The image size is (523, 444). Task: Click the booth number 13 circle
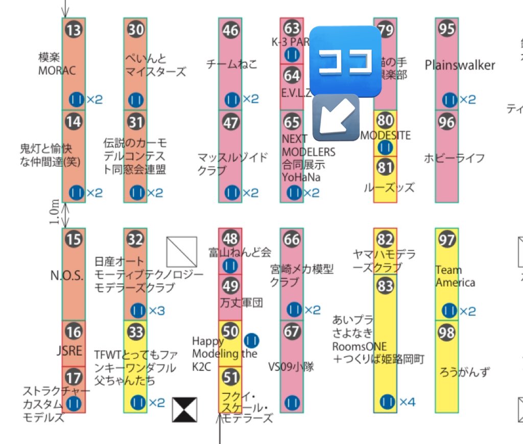pyautogui.click(x=74, y=30)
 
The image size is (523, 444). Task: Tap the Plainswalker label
pyautogui.click(x=460, y=65)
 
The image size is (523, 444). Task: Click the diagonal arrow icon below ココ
pyautogui.click(x=336, y=118)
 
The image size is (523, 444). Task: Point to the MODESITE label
pyautogui.click(x=386, y=135)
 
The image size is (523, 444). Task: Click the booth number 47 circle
pyautogui.click(x=231, y=123)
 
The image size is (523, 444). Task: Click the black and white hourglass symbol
pyautogui.click(x=184, y=410)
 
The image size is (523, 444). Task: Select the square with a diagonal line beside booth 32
pyautogui.click(x=182, y=251)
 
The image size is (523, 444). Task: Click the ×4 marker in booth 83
pyautogui.click(x=407, y=403)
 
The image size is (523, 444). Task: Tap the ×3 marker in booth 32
pyautogui.click(x=156, y=310)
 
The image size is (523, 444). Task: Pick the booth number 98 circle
pyautogui.click(x=447, y=333)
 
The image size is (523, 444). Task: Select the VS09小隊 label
pyautogui.click(x=291, y=366)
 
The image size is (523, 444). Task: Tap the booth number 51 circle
pyautogui.click(x=231, y=378)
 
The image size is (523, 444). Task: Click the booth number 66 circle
pyautogui.click(x=292, y=239)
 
